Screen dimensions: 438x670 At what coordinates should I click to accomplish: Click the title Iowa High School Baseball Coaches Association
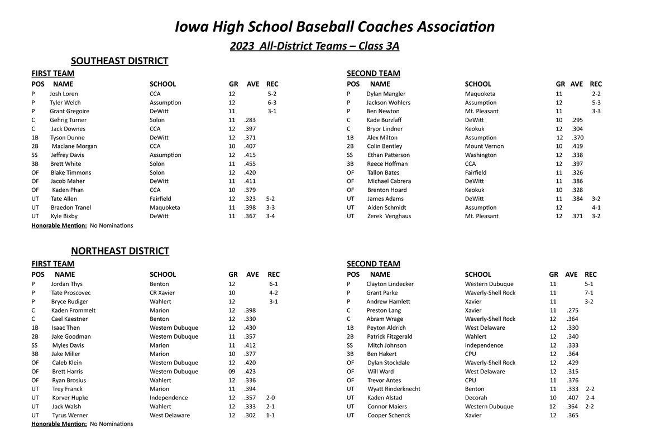click(334, 26)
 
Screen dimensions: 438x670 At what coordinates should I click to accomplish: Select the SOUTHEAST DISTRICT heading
click(119, 61)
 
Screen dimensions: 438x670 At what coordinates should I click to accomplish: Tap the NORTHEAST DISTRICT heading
click(119, 251)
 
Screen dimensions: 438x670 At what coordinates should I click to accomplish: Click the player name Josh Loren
click(64, 94)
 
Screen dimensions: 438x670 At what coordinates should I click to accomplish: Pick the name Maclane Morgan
click(74, 146)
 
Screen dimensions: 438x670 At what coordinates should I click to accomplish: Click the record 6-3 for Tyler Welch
click(272, 103)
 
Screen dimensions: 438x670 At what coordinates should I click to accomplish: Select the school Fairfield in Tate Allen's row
click(160, 199)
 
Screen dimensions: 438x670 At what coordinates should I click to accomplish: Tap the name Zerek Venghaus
click(389, 216)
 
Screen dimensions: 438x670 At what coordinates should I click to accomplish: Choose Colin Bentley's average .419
click(562, 146)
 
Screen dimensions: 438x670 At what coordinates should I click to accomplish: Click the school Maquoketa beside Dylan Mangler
click(480, 94)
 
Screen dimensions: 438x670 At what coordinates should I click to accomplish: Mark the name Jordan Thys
click(66, 284)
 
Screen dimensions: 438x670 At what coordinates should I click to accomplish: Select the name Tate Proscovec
click(70, 293)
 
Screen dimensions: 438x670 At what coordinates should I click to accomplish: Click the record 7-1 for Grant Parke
click(588, 293)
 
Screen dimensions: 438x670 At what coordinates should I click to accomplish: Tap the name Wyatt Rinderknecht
click(394, 389)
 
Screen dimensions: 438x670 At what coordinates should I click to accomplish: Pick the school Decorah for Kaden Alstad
click(476, 398)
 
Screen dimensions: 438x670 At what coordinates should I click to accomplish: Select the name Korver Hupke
click(70, 398)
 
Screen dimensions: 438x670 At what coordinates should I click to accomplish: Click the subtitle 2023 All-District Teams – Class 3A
click(314, 46)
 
